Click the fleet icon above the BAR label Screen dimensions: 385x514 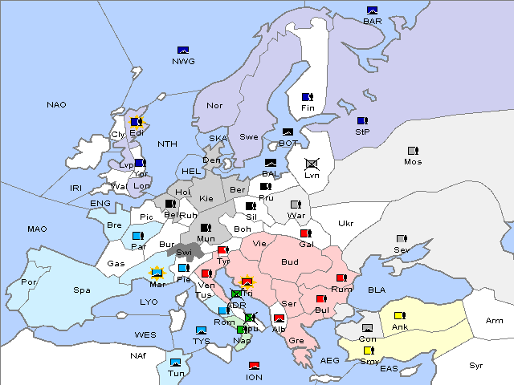tap(372, 10)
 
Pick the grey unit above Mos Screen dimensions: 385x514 tap(413, 151)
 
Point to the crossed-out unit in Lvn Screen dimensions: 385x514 tap(312, 164)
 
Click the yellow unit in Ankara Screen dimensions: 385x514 tap(399, 315)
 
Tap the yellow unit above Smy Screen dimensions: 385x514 tap(369, 351)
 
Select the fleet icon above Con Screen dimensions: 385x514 tap(368, 329)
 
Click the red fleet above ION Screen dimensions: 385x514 tap(254, 366)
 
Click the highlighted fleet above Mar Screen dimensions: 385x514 tap(158, 273)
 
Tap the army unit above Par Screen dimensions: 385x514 tap(137, 236)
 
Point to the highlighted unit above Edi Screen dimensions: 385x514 tap(136, 122)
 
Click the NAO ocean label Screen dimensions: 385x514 tap(56, 105)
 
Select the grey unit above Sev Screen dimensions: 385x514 tap(401, 239)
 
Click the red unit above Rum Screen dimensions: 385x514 tap(341, 278)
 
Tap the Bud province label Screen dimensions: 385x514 tap(289, 262)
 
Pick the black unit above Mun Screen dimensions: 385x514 tap(206, 228)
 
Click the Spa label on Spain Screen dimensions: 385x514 tap(81, 290)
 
